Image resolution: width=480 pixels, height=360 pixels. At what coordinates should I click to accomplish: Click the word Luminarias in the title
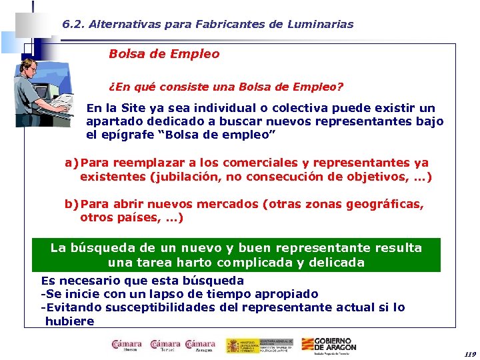[x=321, y=24]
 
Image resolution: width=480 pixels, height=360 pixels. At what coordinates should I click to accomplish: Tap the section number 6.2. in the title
[x=74, y=24]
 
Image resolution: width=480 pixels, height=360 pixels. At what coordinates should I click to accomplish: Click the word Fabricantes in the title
[x=225, y=24]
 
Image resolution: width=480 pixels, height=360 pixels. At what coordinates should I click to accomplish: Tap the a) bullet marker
[x=71, y=163]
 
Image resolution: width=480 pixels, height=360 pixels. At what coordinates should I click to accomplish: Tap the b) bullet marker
[x=71, y=204]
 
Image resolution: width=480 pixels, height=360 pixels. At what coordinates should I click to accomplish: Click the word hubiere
[x=69, y=321]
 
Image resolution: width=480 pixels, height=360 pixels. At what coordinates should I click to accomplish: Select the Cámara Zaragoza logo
[x=200, y=345]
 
